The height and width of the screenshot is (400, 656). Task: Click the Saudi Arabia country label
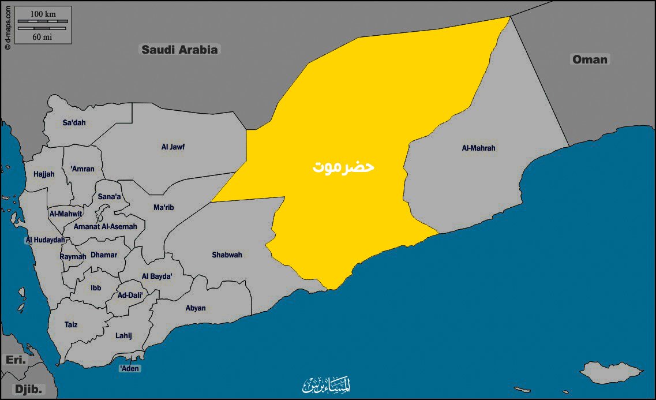coord(180,50)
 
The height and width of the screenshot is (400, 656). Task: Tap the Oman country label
coord(589,59)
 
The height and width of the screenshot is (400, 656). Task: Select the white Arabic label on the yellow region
coord(344,167)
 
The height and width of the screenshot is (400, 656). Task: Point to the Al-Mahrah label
coord(478,148)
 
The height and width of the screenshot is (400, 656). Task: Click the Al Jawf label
coord(173,147)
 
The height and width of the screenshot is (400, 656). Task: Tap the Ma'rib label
coord(163,207)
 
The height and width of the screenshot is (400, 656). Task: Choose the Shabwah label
coord(227,255)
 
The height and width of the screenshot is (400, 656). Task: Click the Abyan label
coord(196,308)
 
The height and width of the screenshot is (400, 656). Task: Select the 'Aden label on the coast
coord(130,368)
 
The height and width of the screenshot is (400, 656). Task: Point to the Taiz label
coord(71,325)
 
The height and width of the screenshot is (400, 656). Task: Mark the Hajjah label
coord(44,174)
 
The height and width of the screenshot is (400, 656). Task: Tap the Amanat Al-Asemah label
coord(105,227)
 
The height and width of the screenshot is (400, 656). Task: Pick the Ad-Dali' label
coord(130,295)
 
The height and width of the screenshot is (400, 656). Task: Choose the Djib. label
coord(28,390)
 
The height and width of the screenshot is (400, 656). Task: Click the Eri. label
coord(16,360)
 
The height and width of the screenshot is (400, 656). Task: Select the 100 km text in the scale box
coord(43,13)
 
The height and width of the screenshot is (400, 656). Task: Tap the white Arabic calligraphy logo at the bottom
coord(327,384)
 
